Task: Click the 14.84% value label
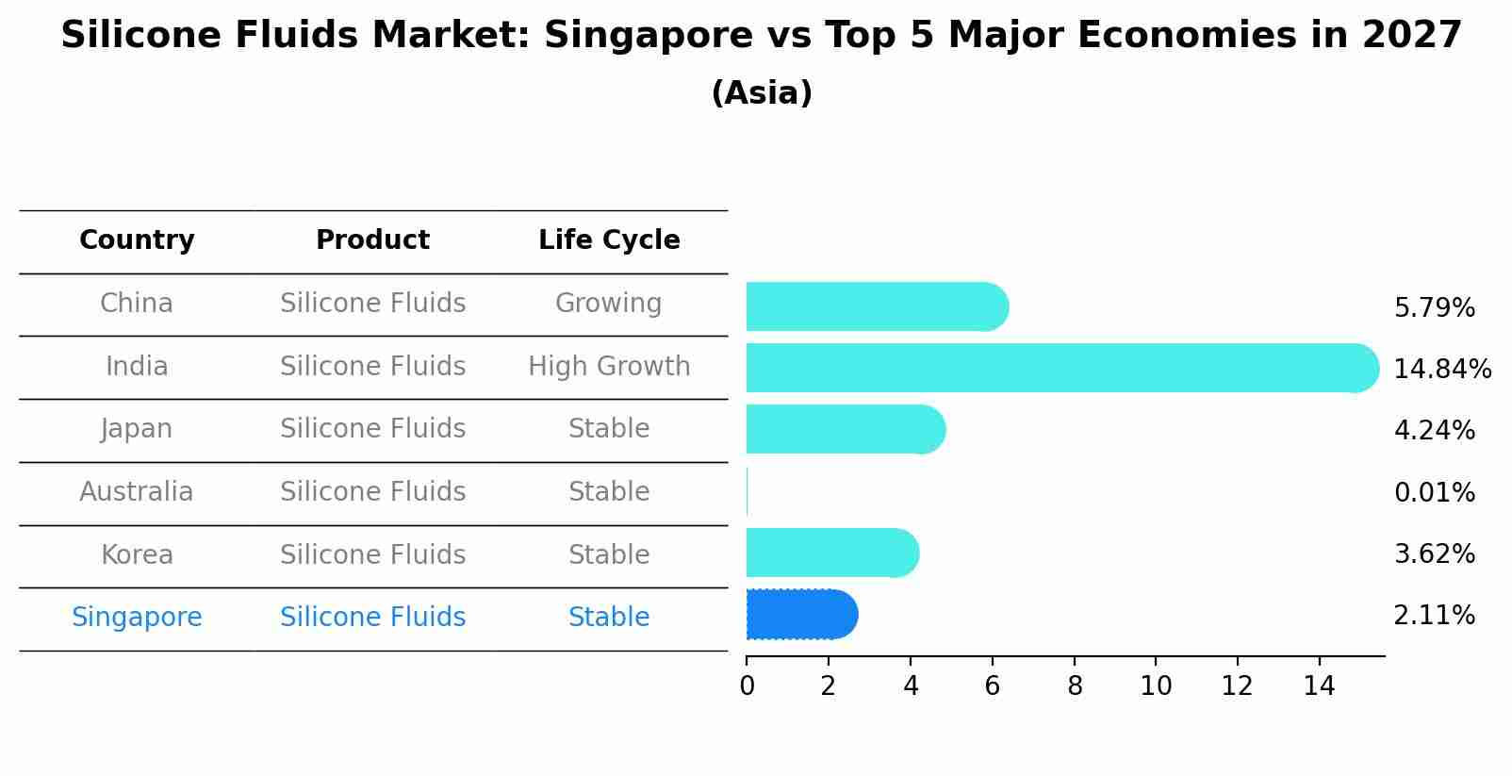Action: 1441,369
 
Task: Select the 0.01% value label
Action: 1434,492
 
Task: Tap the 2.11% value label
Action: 1434,616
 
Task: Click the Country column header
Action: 137,240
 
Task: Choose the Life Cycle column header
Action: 609,240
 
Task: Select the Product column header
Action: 372,240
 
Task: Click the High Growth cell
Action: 609,366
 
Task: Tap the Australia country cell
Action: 137,491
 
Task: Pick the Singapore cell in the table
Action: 137,618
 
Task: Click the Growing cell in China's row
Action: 608,304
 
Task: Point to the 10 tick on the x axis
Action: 1156,686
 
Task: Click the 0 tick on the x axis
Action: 747,686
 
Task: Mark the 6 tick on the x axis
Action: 992,686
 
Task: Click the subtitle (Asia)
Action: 762,93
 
